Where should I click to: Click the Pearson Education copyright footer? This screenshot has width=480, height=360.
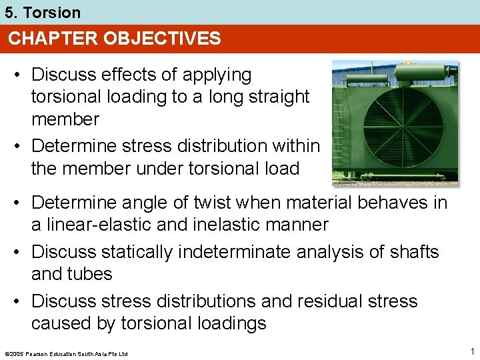point(65,353)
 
